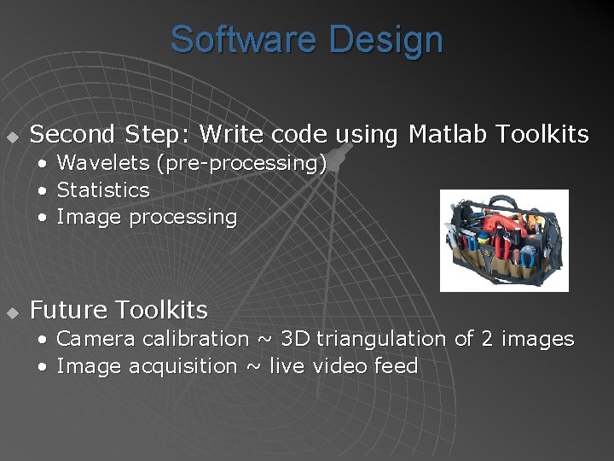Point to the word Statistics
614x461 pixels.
coord(102,190)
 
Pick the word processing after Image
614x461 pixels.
coord(182,218)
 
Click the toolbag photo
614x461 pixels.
coord(504,240)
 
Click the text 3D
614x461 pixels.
coord(295,339)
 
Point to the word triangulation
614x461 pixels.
coord(382,339)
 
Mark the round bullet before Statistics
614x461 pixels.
coord(43,190)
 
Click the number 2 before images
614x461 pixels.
coord(487,339)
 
